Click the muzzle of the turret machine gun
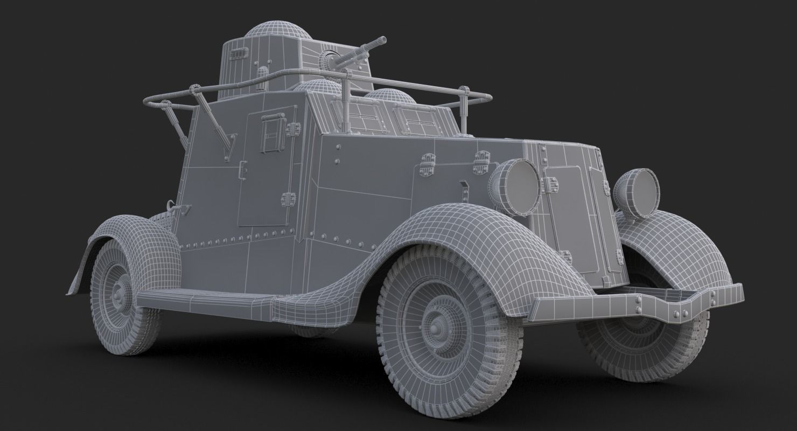pyautogui.click(x=383, y=40)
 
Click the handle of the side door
pyautogui.click(x=242, y=171)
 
